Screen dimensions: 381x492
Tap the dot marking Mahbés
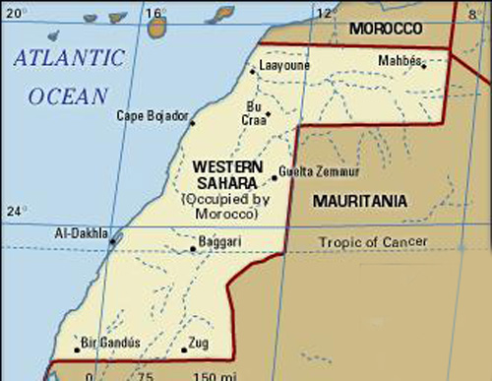point(424,66)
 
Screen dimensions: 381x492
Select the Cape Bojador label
point(152,116)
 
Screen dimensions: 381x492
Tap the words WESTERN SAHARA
point(227,175)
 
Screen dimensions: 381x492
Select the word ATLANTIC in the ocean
point(70,58)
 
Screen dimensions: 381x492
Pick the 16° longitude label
point(155,11)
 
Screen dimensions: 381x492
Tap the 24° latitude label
point(14,211)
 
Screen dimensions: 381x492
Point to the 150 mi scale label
point(208,375)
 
